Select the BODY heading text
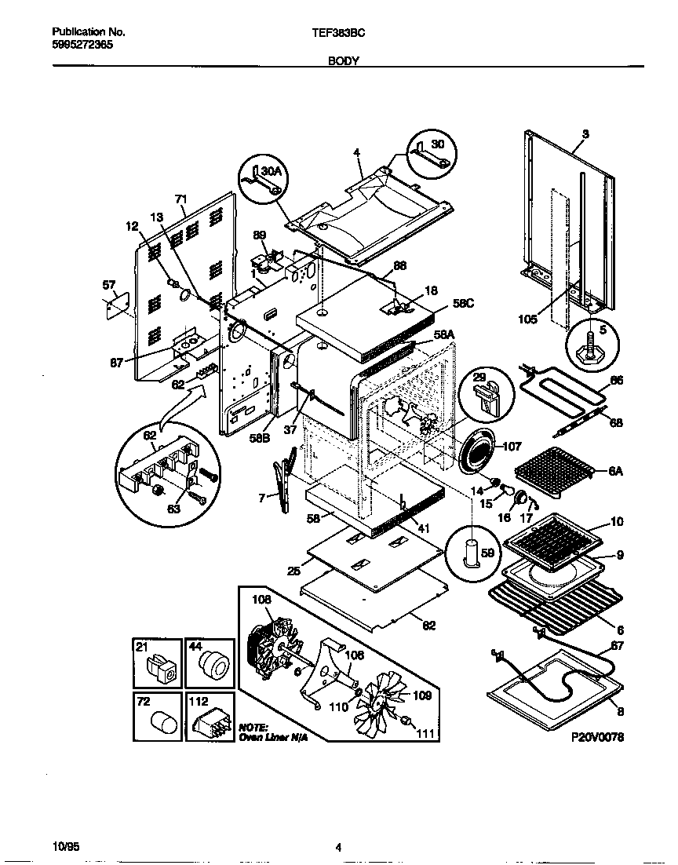(x=344, y=60)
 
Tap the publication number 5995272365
(x=82, y=45)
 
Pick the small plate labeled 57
(x=118, y=302)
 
